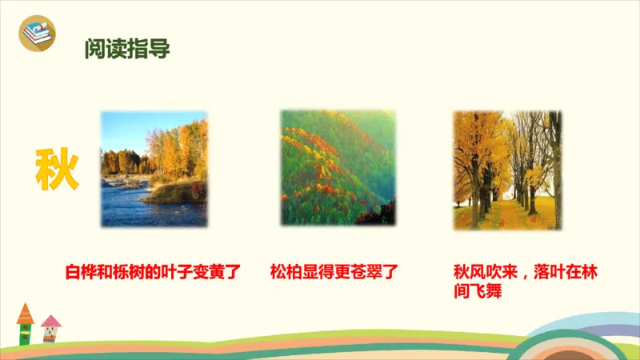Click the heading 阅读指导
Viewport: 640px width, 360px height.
click(x=127, y=50)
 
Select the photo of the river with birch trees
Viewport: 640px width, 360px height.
click(x=154, y=169)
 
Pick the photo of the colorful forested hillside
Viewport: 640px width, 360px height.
click(x=338, y=168)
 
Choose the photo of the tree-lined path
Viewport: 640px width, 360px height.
click(x=507, y=170)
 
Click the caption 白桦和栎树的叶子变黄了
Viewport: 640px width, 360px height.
click(x=153, y=272)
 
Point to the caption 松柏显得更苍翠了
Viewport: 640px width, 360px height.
click(x=334, y=272)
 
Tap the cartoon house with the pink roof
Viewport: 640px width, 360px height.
click(x=50, y=327)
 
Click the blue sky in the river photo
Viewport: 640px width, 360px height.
click(x=128, y=128)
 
